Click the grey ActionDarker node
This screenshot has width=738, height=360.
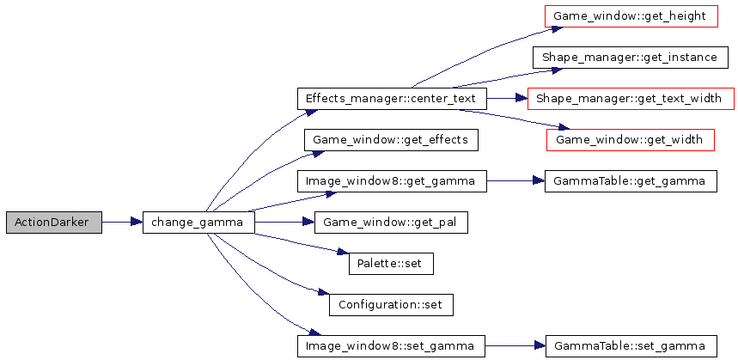tap(52, 223)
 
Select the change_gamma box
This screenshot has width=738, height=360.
tap(198, 223)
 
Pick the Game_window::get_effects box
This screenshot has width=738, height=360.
tap(390, 139)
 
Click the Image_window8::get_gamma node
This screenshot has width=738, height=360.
tap(391, 181)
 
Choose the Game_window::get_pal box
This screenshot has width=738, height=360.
tap(390, 223)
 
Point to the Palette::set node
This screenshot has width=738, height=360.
tap(390, 264)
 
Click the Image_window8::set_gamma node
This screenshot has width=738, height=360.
tap(390, 346)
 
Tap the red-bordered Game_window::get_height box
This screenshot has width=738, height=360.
tap(631, 15)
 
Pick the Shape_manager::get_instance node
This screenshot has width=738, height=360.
tap(631, 57)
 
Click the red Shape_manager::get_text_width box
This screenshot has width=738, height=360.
tap(631, 98)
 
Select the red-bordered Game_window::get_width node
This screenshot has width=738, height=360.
tap(631, 139)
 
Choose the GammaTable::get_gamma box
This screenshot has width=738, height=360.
tap(631, 181)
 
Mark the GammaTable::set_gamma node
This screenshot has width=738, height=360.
tap(631, 346)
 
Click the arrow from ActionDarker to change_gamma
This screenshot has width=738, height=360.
tap(121, 223)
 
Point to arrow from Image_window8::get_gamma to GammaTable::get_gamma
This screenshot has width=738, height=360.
tap(515, 181)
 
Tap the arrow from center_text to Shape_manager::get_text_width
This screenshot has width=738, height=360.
tap(507, 98)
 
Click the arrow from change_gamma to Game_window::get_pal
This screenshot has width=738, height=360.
tap(284, 223)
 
